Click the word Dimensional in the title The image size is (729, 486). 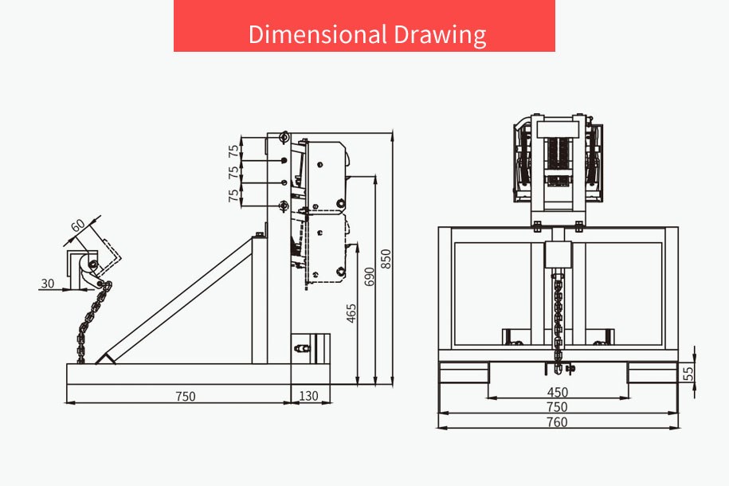[x=318, y=34]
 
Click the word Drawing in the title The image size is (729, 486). [x=441, y=35]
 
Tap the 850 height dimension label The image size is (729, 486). [x=386, y=259]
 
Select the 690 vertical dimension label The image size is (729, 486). [x=369, y=276]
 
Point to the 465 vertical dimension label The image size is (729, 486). [x=351, y=313]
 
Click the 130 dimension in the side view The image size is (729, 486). [x=308, y=396]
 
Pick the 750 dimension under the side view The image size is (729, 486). [x=186, y=396]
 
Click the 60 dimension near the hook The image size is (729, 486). [x=78, y=225]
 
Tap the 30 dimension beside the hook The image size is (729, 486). [x=48, y=283]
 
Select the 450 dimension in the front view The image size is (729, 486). [x=558, y=392]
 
